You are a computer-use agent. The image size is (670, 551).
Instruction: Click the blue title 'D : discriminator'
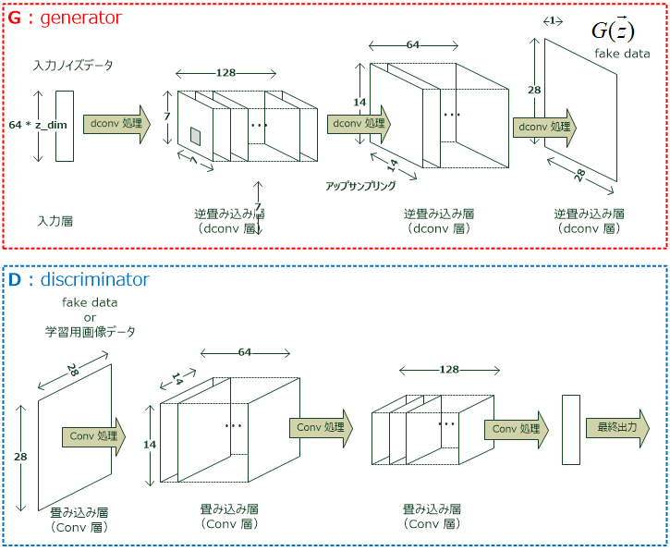(x=79, y=279)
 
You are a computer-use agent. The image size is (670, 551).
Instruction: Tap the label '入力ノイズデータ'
(x=73, y=66)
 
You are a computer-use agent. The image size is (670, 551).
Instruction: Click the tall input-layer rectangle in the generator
(x=64, y=126)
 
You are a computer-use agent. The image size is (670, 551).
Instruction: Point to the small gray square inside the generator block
(x=195, y=136)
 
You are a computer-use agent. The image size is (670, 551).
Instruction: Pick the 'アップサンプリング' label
(x=360, y=186)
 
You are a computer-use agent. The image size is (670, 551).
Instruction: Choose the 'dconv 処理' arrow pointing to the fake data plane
(x=544, y=127)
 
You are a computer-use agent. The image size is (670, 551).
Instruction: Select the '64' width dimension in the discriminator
(x=244, y=352)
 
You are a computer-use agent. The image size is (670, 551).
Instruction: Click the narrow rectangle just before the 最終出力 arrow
(x=570, y=429)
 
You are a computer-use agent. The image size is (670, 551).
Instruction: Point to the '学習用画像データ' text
(x=90, y=331)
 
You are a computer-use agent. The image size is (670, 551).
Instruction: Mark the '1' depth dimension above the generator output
(x=551, y=20)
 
